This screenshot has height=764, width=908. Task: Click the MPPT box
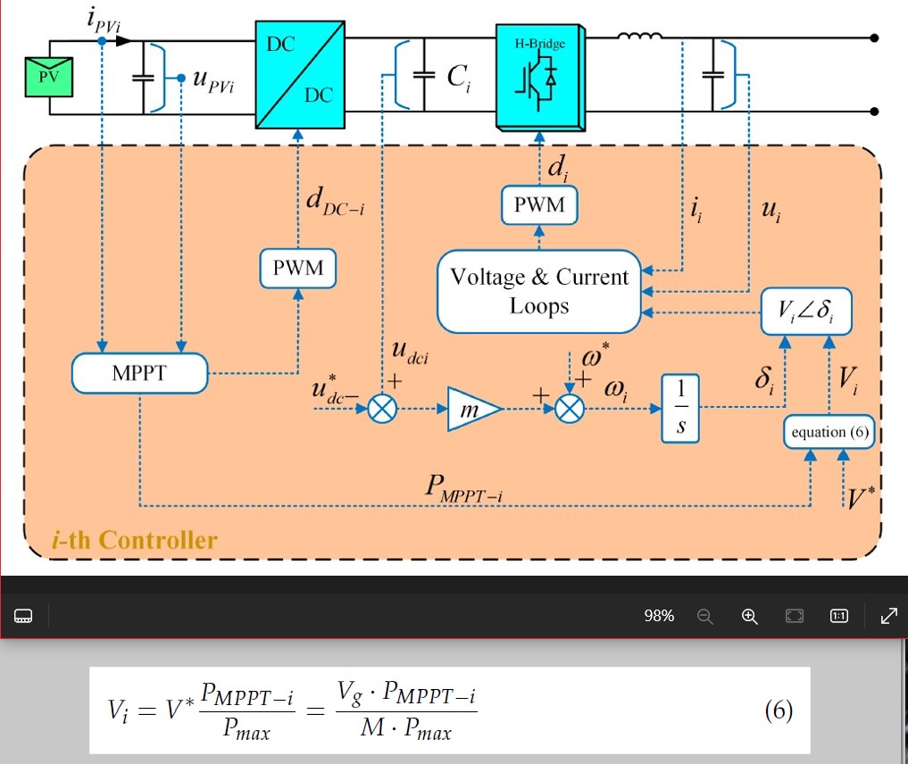(x=139, y=373)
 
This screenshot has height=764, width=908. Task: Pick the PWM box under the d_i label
(x=539, y=204)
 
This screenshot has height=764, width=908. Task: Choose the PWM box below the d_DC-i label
(x=298, y=268)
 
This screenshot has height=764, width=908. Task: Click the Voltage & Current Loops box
(x=539, y=292)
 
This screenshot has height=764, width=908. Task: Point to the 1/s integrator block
(x=681, y=408)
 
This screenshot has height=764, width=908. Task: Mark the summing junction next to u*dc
(x=381, y=409)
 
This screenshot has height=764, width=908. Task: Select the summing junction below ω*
(x=569, y=409)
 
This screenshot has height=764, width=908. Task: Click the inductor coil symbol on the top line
(x=639, y=37)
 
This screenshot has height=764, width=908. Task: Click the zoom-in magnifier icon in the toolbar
(x=750, y=616)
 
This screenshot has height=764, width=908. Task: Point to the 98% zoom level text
(x=659, y=616)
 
